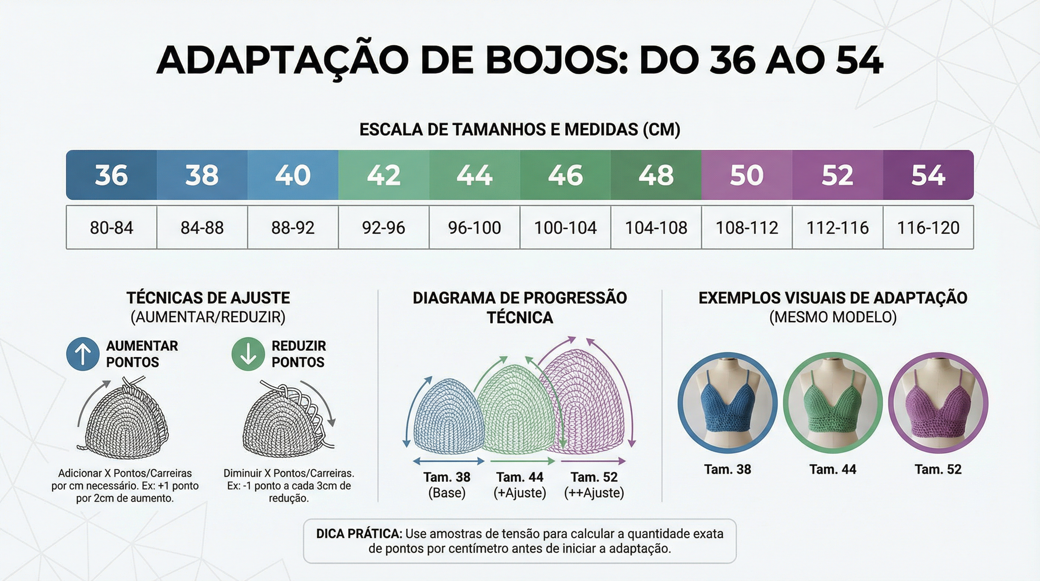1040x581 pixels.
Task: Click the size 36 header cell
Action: (x=111, y=175)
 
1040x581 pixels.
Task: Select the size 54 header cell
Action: (x=928, y=175)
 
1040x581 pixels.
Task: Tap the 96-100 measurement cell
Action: (x=474, y=227)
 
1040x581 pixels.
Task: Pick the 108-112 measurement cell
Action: (x=747, y=227)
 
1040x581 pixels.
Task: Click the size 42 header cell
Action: (x=384, y=175)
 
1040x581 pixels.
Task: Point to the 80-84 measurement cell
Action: (x=111, y=227)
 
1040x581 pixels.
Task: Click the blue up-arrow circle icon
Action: (x=83, y=354)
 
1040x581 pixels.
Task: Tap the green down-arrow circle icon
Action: (x=248, y=354)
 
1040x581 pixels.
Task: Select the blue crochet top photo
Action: (x=727, y=403)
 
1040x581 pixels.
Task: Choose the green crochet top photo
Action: (x=833, y=403)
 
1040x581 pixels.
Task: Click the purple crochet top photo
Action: (x=938, y=403)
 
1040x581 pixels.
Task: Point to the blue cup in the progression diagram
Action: (x=448, y=416)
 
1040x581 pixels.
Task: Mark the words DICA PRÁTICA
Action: (x=359, y=534)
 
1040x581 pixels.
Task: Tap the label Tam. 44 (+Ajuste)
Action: (x=520, y=485)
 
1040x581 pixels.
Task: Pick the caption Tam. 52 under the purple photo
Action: (x=938, y=469)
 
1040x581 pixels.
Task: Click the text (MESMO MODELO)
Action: (x=833, y=317)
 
